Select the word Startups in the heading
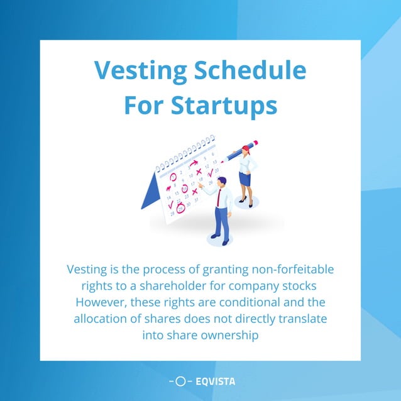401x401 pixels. pos(224,105)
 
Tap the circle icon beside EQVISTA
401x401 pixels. pos(180,381)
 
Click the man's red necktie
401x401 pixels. pos(219,197)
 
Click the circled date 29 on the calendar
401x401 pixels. pos(180,209)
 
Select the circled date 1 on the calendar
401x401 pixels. pos(173,177)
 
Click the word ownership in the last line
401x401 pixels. pos(228,335)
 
